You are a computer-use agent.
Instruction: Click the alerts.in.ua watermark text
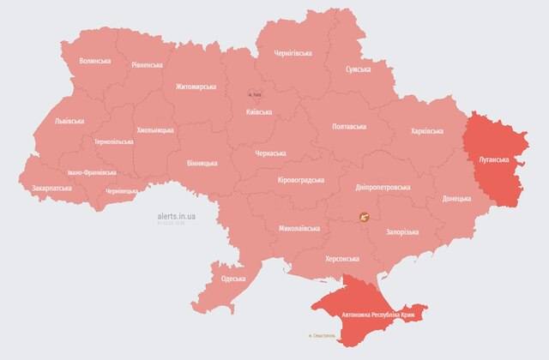177,217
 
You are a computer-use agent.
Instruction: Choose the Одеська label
233,279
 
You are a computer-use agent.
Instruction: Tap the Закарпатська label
52,186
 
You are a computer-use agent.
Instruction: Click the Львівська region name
69,121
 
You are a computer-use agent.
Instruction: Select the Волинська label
95,62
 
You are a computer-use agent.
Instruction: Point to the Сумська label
359,69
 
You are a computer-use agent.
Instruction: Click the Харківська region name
426,131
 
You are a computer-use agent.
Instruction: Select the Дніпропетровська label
383,187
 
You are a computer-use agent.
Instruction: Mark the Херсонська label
341,258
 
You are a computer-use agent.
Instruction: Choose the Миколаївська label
299,229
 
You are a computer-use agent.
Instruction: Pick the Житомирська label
196,87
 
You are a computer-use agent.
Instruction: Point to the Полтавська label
351,126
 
